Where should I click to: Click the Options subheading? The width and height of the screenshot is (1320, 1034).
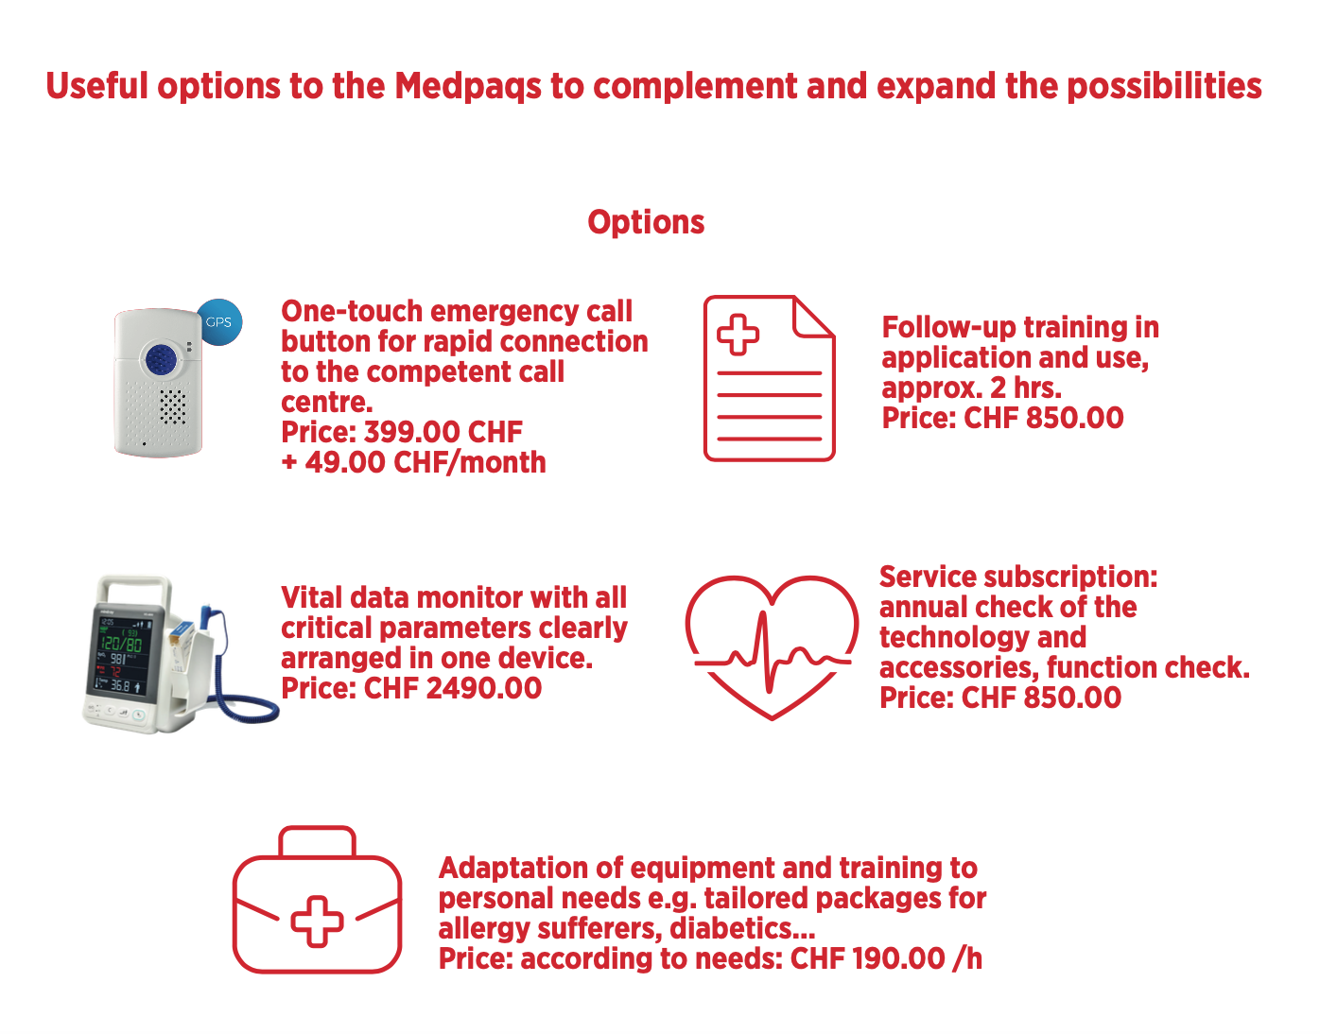coord(646,223)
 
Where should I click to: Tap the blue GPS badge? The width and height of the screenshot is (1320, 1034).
coord(218,321)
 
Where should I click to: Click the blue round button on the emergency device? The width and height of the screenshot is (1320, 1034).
coord(161,359)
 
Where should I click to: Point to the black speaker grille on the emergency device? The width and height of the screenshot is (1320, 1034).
coord(172,406)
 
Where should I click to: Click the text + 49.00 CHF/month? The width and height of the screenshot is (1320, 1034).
coord(413,463)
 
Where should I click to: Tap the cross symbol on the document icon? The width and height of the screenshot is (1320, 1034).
coord(738,334)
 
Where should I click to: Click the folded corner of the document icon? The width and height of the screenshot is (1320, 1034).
coord(814,317)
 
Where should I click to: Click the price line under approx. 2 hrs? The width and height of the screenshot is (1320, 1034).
coord(1002,419)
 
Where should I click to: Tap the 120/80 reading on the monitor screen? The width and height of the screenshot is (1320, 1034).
coord(121,643)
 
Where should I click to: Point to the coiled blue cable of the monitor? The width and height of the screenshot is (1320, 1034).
coord(244,698)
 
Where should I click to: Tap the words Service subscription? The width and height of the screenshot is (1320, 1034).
coord(1018,577)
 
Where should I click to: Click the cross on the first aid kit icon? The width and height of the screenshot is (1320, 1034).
coord(317,922)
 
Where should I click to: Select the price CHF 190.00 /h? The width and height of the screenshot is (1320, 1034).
coord(885,958)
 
